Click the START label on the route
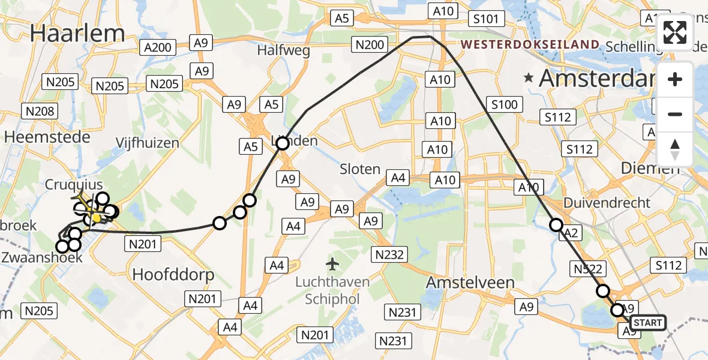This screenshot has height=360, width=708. click(x=648, y=323)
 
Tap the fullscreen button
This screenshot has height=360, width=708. click(x=675, y=32)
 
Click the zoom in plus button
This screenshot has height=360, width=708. click(x=675, y=79)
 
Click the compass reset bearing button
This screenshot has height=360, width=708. click(x=675, y=149)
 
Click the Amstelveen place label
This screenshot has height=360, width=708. click(x=470, y=282)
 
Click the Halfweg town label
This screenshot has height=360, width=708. click(x=284, y=50)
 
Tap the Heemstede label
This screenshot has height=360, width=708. click(x=47, y=137)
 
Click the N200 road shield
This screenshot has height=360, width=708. click(x=370, y=44)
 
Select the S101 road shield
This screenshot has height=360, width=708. click(x=485, y=19)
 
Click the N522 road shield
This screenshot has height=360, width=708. click(x=588, y=269)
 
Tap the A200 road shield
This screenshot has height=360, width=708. click(x=158, y=47)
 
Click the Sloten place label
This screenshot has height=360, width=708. click(x=360, y=169)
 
